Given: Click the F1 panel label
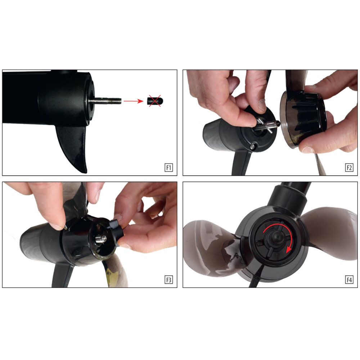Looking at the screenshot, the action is [x=168, y=168].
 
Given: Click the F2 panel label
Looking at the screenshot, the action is [x=349, y=168].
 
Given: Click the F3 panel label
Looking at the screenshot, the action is [x=168, y=280].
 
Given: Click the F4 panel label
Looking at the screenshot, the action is [x=349, y=280].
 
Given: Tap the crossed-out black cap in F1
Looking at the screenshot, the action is [x=154, y=101].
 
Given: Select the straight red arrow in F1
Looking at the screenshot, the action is [x=134, y=101].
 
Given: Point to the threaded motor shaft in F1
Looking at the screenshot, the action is [x=105, y=101].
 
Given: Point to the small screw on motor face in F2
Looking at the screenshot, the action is [x=253, y=146].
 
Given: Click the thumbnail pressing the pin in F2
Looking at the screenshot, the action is [x=262, y=104].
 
